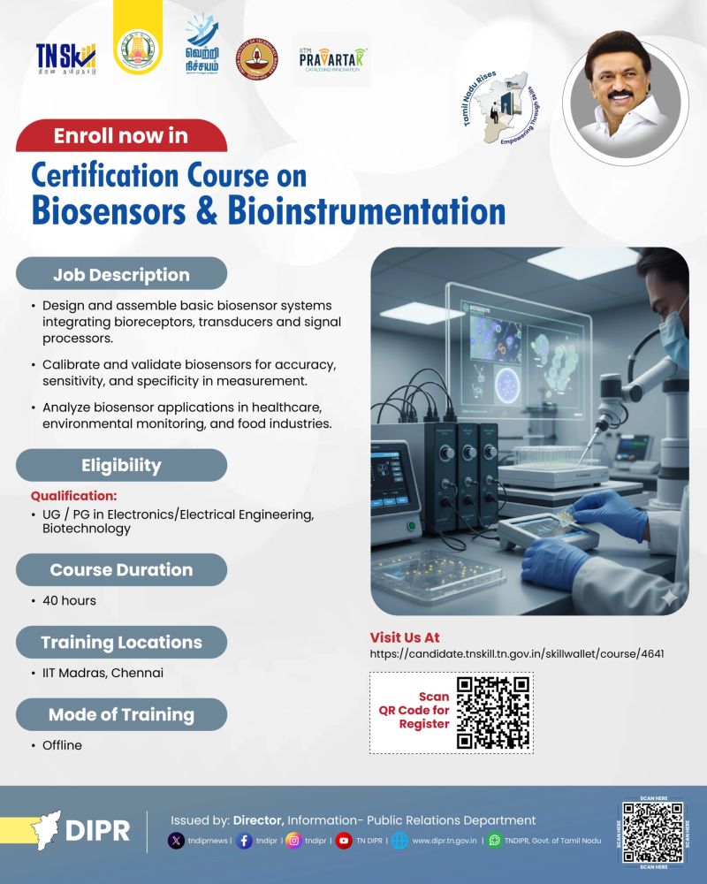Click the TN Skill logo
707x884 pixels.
click(x=65, y=57)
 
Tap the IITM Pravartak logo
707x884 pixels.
click(x=331, y=60)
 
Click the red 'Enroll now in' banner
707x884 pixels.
click(x=121, y=136)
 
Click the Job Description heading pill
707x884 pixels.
click(x=121, y=274)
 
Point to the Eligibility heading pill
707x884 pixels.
click(x=121, y=465)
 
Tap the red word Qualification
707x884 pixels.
click(x=74, y=496)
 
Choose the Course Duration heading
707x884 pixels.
click(x=121, y=569)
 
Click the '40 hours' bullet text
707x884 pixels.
click(x=69, y=600)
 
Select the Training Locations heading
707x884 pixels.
click(x=121, y=642)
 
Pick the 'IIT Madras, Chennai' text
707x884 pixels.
click(x=103, y=673)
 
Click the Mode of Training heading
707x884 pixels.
click(x=121, y=714)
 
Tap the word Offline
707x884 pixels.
click(x=62, y=745)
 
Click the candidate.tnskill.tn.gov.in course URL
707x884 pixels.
click(x=517, y=654)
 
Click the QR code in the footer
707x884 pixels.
click(x=653, y=833)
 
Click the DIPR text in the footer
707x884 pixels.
click(x=97, y=831)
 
